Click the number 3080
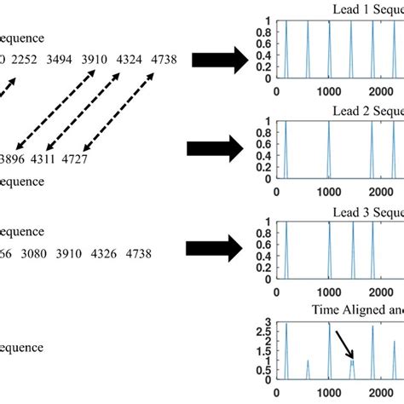(38, 253)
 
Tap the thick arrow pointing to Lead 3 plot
(220, 251)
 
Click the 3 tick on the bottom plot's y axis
(265, 323)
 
